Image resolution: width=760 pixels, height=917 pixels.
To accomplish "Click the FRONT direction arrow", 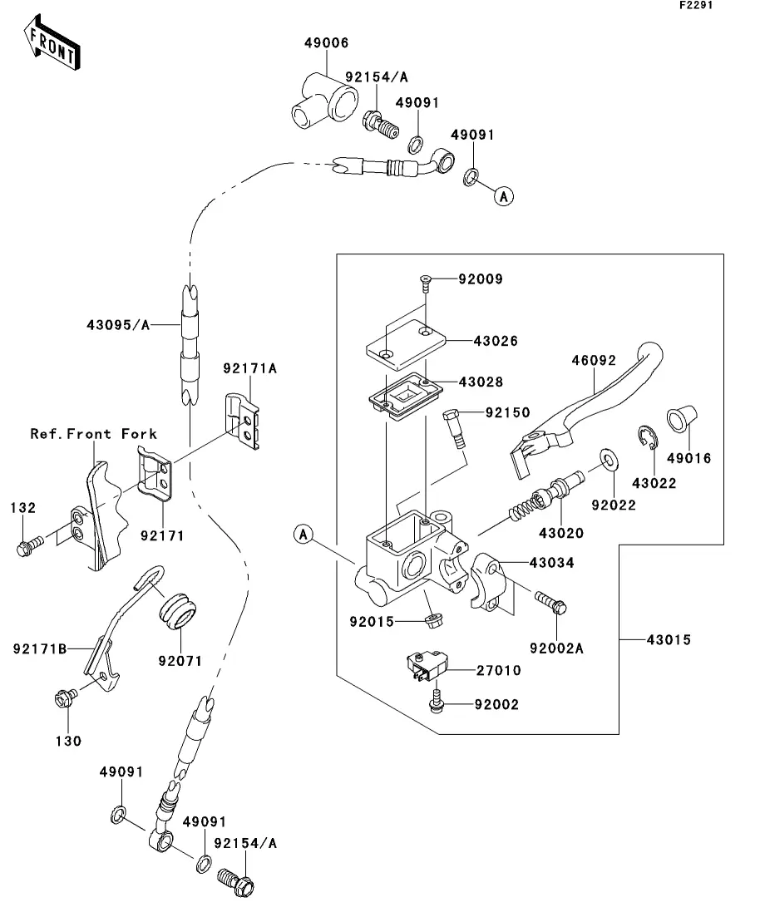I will click(x=52, y=46).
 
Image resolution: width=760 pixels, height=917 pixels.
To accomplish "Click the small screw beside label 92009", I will click(x=424, y=282).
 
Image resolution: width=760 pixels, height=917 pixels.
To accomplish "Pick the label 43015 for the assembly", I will click(x=670, y=640).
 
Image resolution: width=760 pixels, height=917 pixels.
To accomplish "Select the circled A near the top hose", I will click(x=502, y=196).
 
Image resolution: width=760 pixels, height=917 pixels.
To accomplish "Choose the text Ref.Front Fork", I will click(x=94, y=434).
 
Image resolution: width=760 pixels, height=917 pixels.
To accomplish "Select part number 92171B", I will click(x=38, y=648).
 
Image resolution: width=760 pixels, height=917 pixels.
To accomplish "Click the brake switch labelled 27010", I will click(x=425, y=665).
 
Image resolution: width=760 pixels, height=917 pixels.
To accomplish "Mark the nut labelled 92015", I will click(x=431, y=620).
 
